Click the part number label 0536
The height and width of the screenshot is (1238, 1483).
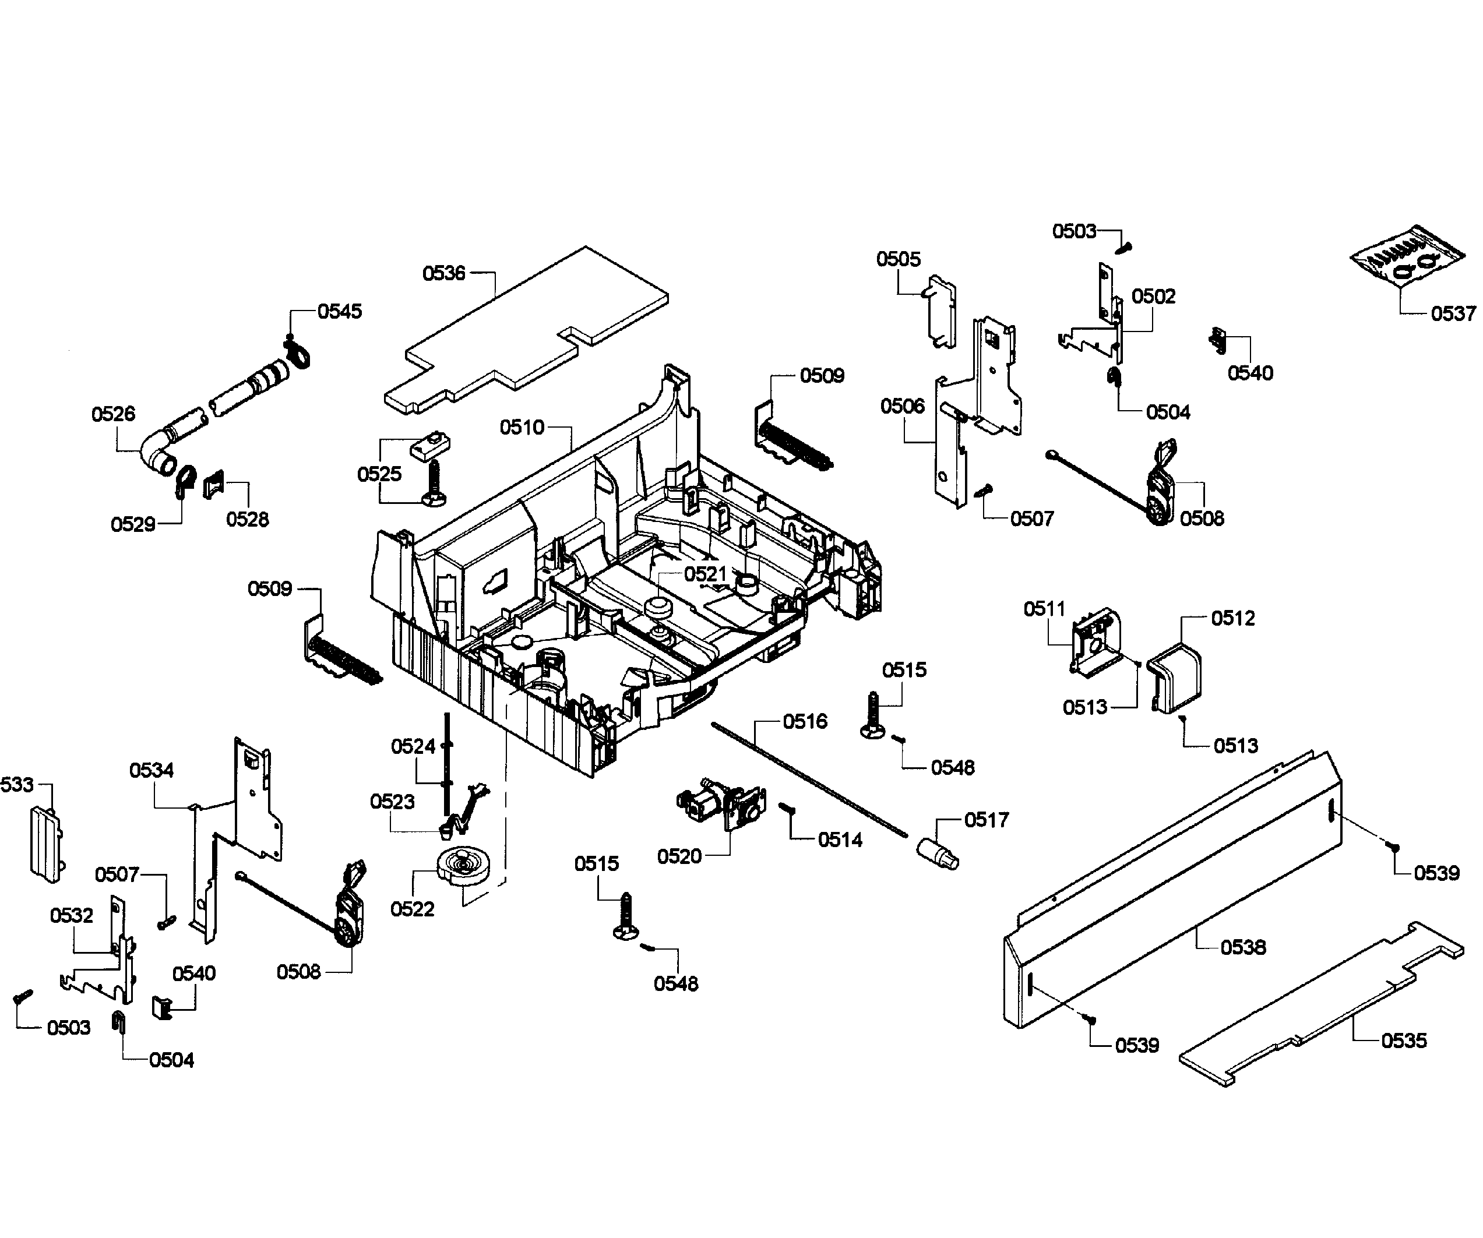pyautogui.click(x=443, y=273)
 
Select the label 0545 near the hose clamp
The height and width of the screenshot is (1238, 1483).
pyautogui.click(x=339, y=312)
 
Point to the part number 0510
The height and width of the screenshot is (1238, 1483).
pyautogui.click(x=522, y=427)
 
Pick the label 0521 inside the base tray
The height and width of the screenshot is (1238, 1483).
pyautogui.click(x=704, y=573)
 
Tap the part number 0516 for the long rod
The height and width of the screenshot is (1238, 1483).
pyautogui.click(x=805, y=722)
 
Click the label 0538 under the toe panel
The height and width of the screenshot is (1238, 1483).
pyautogui.click(x=1243, y=947)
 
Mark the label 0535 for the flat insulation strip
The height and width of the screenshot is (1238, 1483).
pyautogui.click(x=1404, y=1041)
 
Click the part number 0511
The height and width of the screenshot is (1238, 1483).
pyautogui.click(x=1044, y=609)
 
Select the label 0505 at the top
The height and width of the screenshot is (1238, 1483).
pyautogui.click(x=899, y=259)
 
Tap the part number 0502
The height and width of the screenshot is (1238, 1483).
pyautogui.click(x=1153, y=296)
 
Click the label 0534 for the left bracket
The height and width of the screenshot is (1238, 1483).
pyautogui.click(x=151, y=770)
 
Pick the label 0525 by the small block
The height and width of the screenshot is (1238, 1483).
pyautogui.click(x=379, y=474)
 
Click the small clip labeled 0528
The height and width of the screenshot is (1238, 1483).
pyautogui.click(x=213, y=485)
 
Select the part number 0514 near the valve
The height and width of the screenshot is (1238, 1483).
pyautogui.click(x=840, y=840)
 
